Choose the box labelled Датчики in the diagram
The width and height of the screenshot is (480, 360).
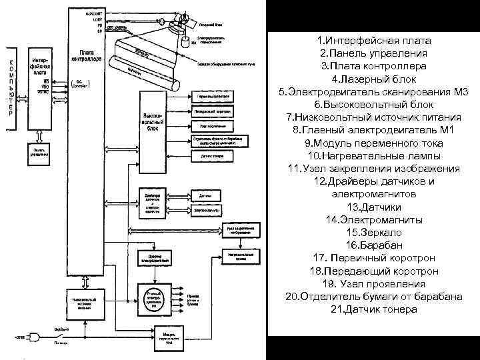point(205,196)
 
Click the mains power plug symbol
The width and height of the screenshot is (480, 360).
point(31,337)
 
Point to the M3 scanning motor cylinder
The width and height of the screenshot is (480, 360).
point(183,43)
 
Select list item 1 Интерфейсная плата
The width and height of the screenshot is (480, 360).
point(373,42)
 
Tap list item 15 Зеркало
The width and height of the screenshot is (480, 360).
point(373,232)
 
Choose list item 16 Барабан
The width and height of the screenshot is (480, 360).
point(373,245)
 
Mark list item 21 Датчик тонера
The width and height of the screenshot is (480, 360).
point(373,309)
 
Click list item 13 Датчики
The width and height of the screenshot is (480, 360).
point(373,207)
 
